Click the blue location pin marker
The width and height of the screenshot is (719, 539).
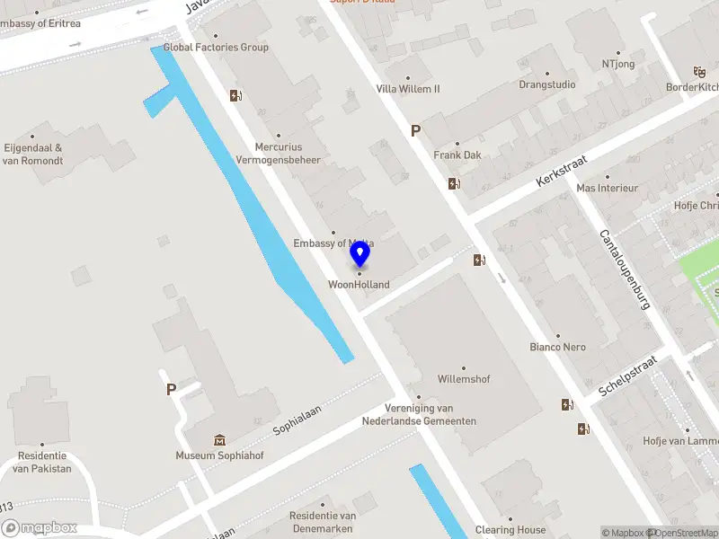coord(359,255)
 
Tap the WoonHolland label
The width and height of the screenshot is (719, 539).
coord(359,285)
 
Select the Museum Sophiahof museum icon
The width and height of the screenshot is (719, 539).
coord(219,440)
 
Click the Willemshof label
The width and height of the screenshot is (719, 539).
coord(464,379)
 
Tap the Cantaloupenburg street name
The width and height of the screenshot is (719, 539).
coord(624,269)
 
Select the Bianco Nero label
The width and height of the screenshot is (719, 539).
coord(557,347)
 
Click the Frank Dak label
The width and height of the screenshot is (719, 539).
coord(457,155)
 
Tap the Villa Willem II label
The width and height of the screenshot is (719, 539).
coord(408,89)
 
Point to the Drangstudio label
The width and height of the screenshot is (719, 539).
coord(546,85)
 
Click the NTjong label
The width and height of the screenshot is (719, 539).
coord(619,64)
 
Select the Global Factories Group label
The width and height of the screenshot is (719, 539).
coord(216,48)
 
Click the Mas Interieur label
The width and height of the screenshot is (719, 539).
coord(607,189)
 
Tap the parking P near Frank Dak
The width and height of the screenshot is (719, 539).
coord(415,131)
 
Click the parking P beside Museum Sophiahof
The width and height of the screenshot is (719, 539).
coord(171,390)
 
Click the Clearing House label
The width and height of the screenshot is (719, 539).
coord(510,530)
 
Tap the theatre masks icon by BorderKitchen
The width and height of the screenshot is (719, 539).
coord(699,72)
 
